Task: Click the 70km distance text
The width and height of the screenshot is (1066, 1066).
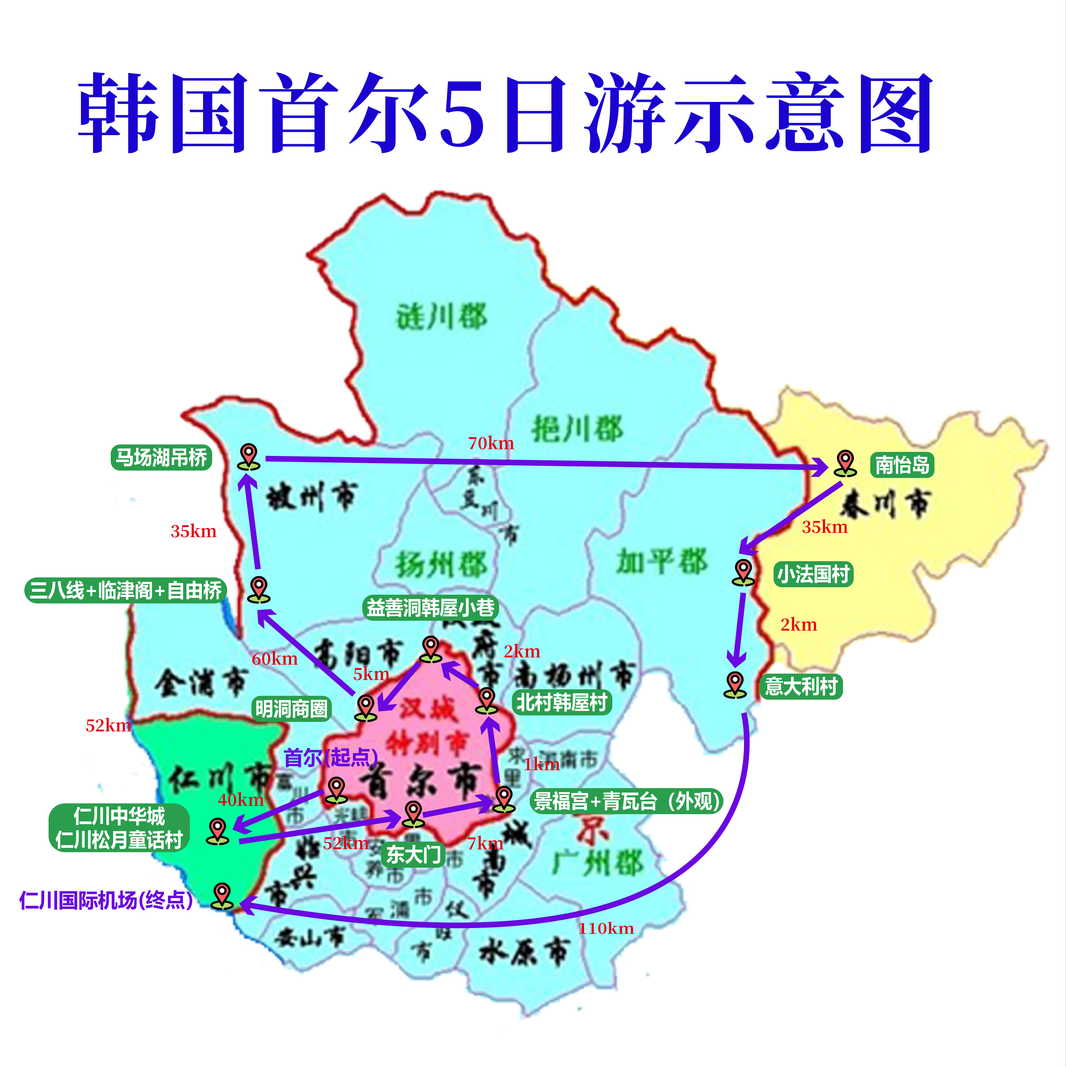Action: pos(490,443)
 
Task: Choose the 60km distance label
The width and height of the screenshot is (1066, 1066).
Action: pos(274,658)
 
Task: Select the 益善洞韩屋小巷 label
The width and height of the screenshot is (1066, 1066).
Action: pos(430,608)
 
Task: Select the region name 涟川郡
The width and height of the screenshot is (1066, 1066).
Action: pos(442,317)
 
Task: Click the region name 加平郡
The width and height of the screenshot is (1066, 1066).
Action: pos(661,562)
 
